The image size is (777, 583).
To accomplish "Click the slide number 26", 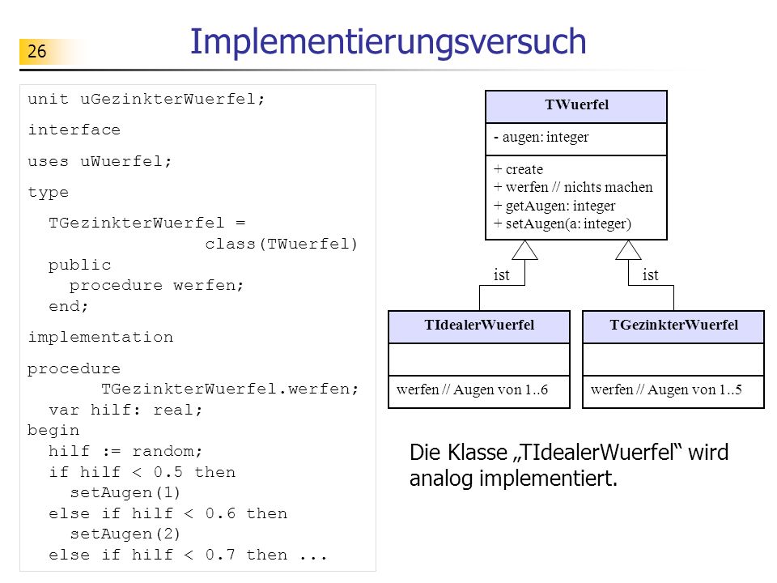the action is (36, 51).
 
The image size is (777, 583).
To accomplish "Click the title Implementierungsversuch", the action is (388, 41).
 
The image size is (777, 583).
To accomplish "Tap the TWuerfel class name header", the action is (577, 104).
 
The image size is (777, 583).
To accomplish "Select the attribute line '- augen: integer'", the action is (541, 137).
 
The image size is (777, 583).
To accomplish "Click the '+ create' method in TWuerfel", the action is (518, 169).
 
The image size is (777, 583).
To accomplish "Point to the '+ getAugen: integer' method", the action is (554, 205).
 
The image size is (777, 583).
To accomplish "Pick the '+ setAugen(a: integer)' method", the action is (563, 223).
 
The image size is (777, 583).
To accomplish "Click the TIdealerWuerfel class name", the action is (479, 325).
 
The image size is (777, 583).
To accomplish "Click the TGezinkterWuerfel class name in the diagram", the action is (674, 325).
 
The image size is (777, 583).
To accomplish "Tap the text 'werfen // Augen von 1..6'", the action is (472, 389).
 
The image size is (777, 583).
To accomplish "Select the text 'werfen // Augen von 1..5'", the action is (666, 389).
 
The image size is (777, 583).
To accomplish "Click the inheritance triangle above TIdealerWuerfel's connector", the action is (524, 250).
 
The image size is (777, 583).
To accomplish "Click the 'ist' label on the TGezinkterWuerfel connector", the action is (650, 274).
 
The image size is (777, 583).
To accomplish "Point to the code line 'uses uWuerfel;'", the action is (100, 162).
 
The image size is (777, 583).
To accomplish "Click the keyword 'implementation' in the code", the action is (100, 338).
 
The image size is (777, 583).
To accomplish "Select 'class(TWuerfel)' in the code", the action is (281, 245).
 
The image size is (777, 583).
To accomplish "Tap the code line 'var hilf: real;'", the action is (126, 410).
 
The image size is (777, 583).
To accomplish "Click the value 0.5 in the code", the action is (168, 472).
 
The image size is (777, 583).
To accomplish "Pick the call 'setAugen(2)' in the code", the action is (125, 534).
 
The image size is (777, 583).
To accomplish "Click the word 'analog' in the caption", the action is (440, 479).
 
